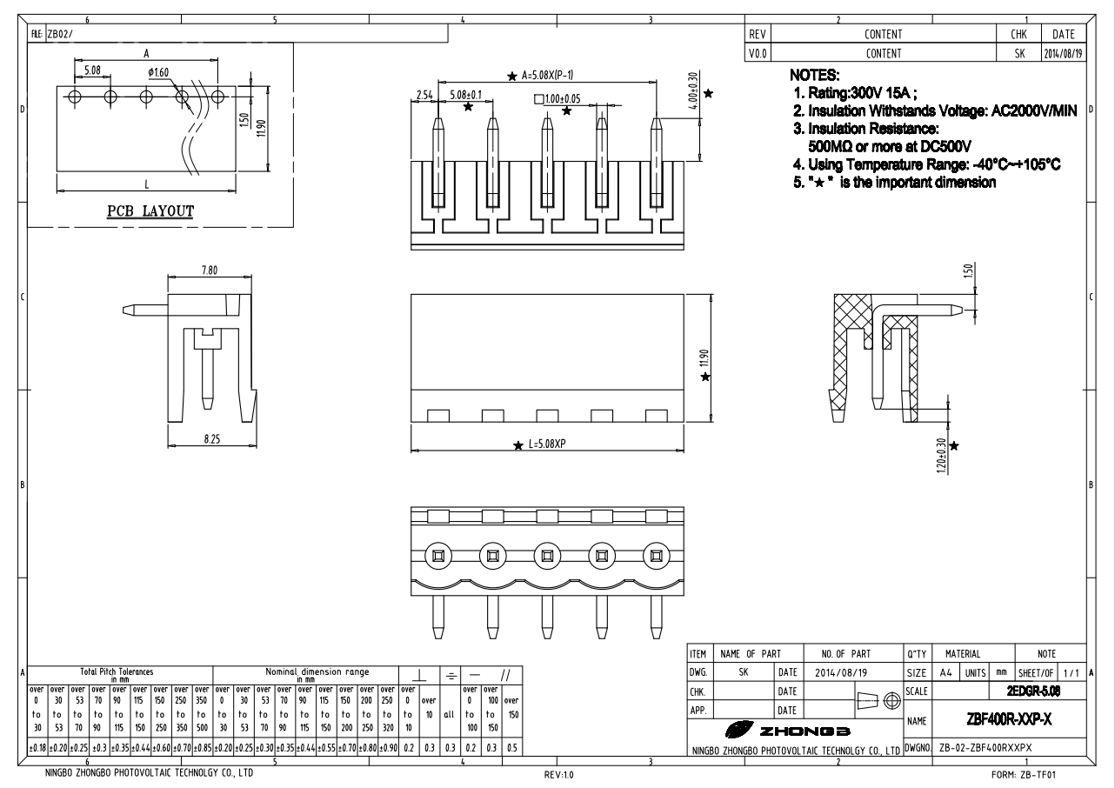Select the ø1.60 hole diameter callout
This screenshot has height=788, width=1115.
click(158, 72)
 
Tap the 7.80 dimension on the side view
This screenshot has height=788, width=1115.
click(210, 270)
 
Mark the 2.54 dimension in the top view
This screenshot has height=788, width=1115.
click(424, 94)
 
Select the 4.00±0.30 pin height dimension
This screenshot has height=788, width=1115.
click(693, 90)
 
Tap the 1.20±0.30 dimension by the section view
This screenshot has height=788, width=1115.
click(940, 454)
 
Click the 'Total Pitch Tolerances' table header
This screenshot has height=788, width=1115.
click(117, 671)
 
